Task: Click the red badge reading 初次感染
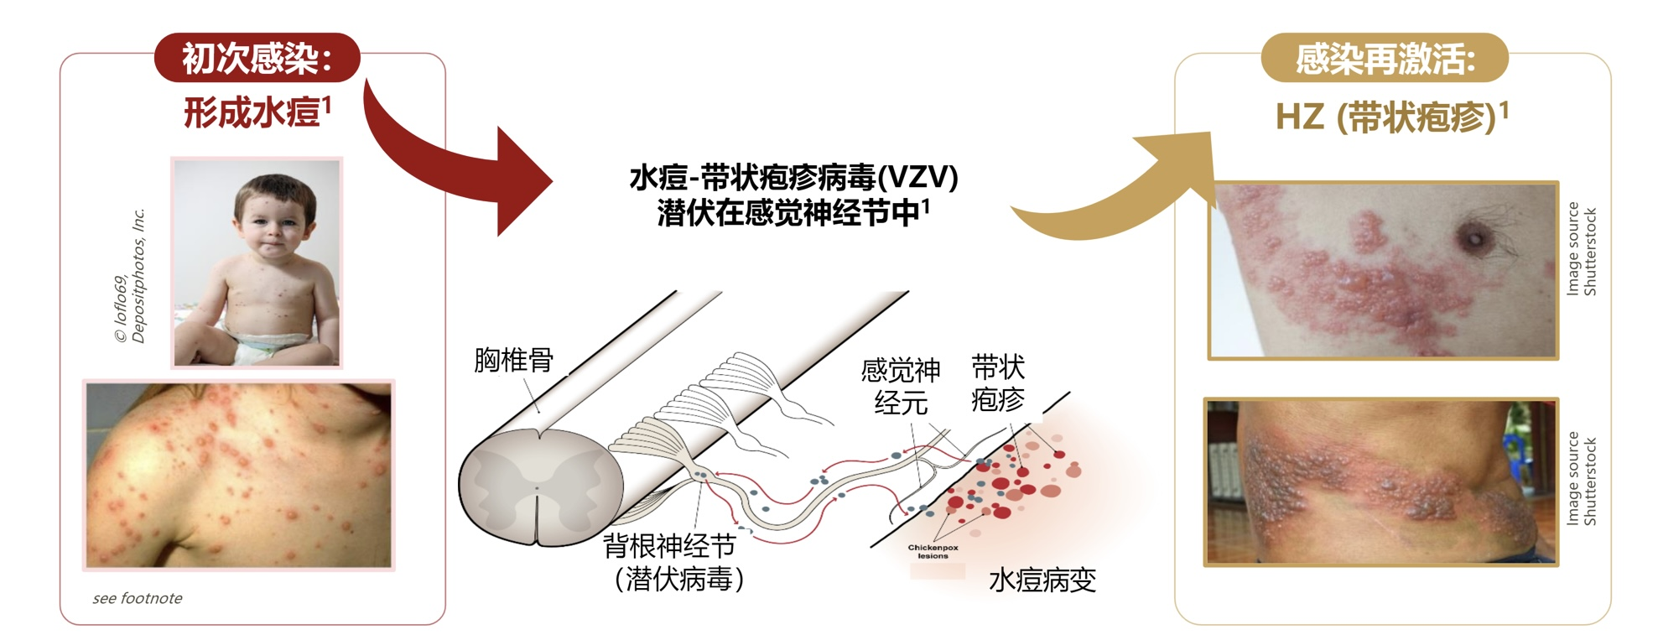(x=257, y=58)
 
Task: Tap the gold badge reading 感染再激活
(x=1385, y=58)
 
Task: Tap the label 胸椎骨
(x=513, y=360)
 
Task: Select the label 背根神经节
(x=669, y=546)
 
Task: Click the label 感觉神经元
(x=901, y=386)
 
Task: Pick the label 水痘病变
(x=1042, y=580)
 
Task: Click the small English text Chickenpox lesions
(x=933, y=551)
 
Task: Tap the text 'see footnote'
(x=138, y=598)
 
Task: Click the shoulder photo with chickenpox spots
(x=239, y=475)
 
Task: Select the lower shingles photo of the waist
(x=1380, y=481)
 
